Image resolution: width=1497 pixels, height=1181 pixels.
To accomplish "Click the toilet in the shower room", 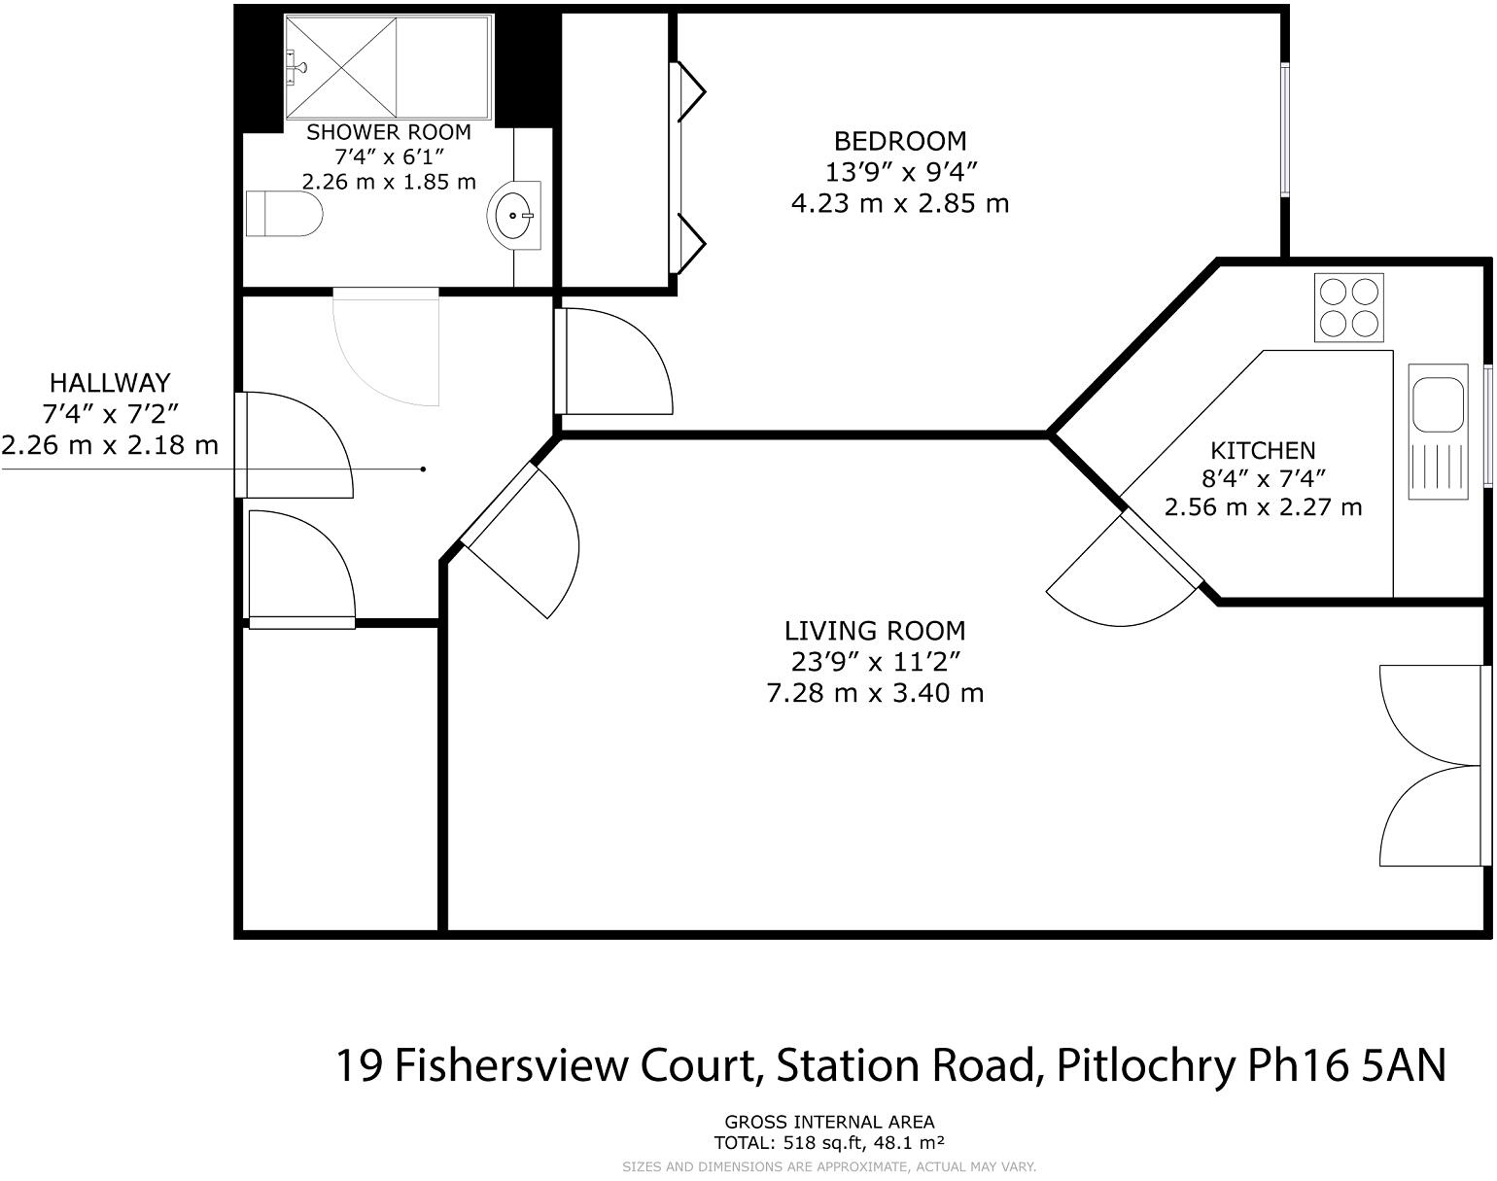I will (284, 214).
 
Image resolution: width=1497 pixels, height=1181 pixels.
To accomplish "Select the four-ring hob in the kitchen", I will (1348, 307).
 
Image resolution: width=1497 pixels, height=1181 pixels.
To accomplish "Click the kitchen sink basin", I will (1437, 405).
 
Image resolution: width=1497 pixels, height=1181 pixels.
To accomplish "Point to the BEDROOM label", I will (900, 142).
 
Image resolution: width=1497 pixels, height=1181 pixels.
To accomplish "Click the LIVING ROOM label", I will (875, 631).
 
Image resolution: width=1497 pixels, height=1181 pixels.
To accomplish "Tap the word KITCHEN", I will (1263, 451).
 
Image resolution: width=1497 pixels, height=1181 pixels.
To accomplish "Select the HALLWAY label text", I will (110, 382).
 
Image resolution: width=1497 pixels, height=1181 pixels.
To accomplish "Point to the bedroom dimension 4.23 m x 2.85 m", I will (900, 204).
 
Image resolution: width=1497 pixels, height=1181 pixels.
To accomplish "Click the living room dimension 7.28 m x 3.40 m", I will (875, 693).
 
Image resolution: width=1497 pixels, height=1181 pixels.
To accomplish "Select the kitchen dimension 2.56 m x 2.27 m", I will (1263, 507).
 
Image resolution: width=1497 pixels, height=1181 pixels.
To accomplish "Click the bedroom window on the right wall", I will (1285, 129).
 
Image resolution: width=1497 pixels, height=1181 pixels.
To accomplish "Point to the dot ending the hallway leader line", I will (423, 469).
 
